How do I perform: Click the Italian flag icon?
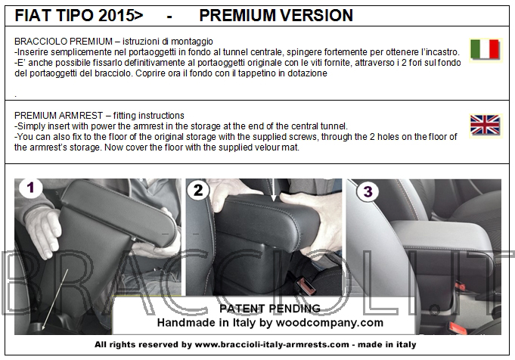point(485,49)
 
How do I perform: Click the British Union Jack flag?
point(485,125)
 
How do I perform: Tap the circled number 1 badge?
point(30,188)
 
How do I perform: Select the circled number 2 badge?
point(198,190)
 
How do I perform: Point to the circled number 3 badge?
point(368,191)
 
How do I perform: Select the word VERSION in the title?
point(317,15)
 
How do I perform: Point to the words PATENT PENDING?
point(270,309)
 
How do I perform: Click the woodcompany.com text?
point(330,323)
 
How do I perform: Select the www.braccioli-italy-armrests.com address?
point(272,345)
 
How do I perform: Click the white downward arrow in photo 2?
point(274,190)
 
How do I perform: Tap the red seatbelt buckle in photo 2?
point(306,285)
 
